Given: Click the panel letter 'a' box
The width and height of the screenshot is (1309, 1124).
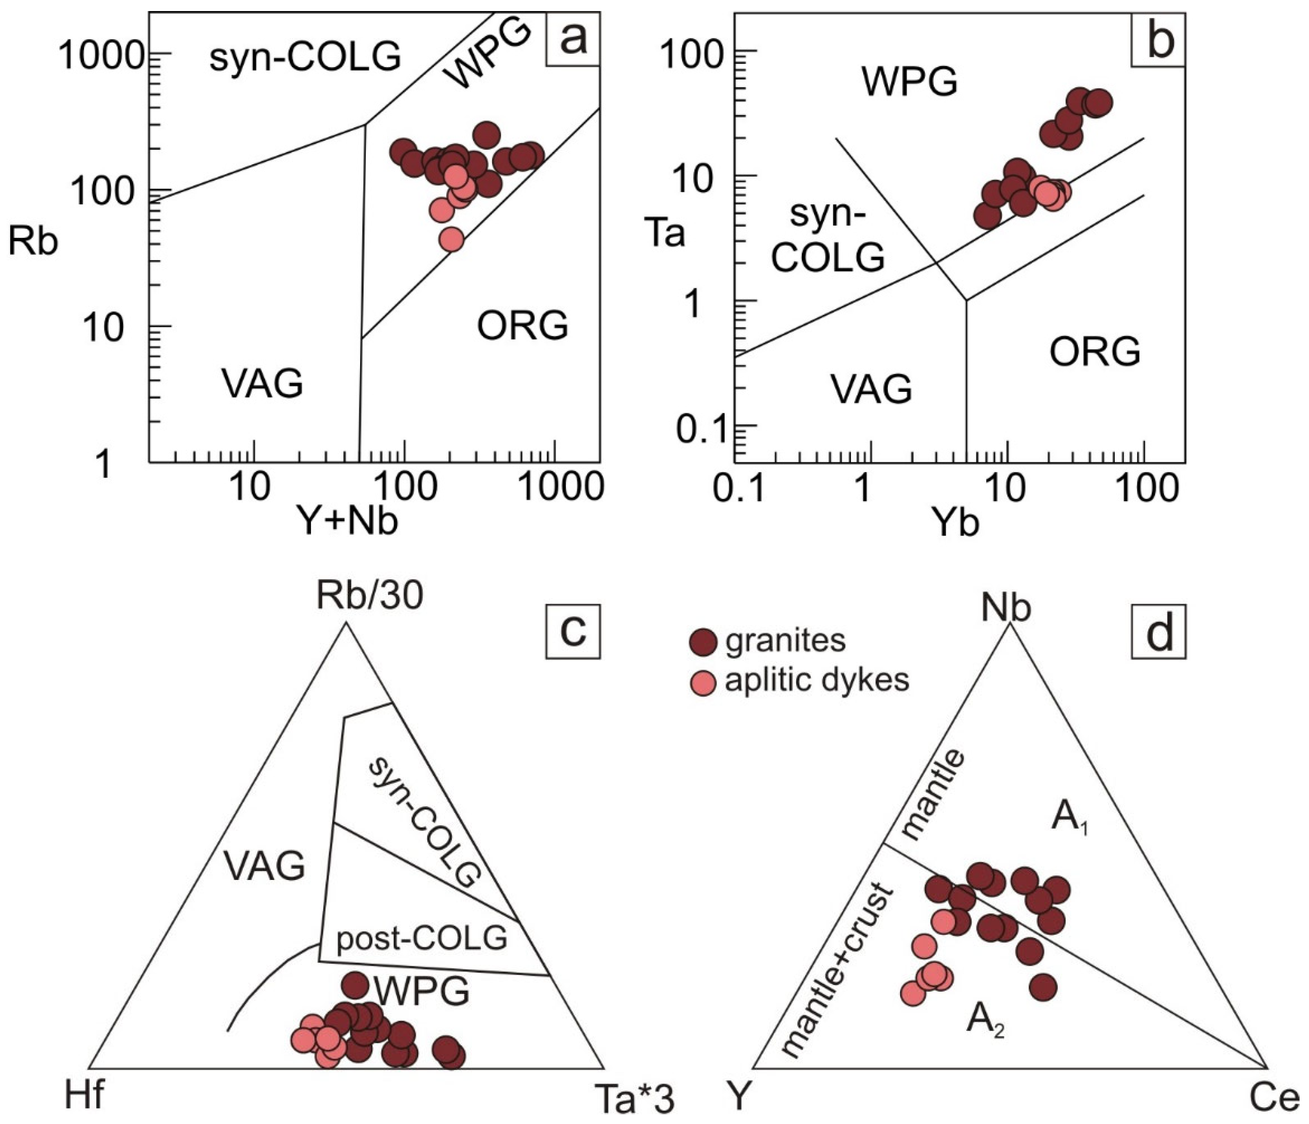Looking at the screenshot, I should (x=572, y=38).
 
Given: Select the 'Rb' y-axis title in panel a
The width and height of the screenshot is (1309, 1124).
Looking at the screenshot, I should (x=33, y=242).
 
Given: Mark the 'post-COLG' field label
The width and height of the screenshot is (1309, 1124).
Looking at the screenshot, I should (x=422, y=939).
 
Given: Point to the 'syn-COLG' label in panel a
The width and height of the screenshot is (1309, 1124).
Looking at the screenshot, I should (x=305, y=57).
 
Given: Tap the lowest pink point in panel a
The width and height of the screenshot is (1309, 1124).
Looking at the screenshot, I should (x=451, y=239).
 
